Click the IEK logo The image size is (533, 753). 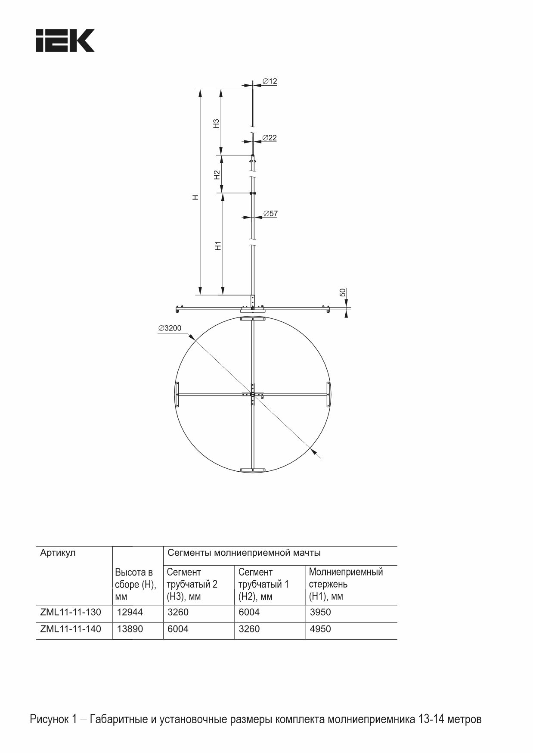(65, 41)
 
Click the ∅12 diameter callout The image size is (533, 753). (270, 81)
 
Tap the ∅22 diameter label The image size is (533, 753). (270, 138)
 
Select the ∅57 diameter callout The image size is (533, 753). (270, 213)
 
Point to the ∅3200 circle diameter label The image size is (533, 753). (170, 328)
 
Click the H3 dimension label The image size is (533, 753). (217, 123)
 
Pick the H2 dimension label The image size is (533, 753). (217, 174)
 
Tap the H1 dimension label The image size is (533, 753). (218, 246)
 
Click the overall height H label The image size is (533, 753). (196, 197)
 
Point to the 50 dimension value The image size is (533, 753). (343, 292)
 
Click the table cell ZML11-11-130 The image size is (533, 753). (71, 612)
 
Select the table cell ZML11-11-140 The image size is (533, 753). (71, 629)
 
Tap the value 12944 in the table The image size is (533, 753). (130, 612)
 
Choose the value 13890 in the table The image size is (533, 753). (130, 629)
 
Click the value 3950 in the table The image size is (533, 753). (320, 612)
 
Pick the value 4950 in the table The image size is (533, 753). (320, 629)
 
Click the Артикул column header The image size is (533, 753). (58, 553)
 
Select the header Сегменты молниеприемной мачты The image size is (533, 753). (244, 553)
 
